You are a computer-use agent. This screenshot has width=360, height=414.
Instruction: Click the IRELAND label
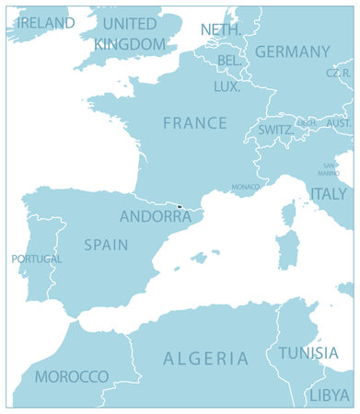(x=45, y=22)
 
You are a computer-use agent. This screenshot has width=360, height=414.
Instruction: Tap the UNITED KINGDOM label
(x=130, y=33)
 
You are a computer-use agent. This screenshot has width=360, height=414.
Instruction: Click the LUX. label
(x=226, y=86)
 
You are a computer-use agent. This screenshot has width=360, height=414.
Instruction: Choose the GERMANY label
(x=292, y=52)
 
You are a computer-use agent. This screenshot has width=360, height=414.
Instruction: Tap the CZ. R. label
(x=338, y=73)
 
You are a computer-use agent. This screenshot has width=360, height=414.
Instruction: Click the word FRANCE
(x=194, y=122)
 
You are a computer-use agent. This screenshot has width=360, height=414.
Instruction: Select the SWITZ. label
(x=276, y=131)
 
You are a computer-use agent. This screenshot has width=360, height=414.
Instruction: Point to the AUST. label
(x=339, y=122)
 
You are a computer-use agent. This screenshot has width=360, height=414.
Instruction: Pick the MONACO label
(x=245, y=187)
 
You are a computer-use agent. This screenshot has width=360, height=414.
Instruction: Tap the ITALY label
(x=329, y=193)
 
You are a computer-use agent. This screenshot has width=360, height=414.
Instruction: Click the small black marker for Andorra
(x=180, y=206)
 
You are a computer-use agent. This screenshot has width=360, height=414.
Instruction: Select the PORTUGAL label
(x=37, y=259)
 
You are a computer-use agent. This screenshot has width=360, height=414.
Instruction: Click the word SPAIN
(x=106, y=245)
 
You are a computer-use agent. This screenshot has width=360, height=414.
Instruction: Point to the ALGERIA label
(x=205, y=358)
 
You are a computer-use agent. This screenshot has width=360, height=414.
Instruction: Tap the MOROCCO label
(x=72, y=376)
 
